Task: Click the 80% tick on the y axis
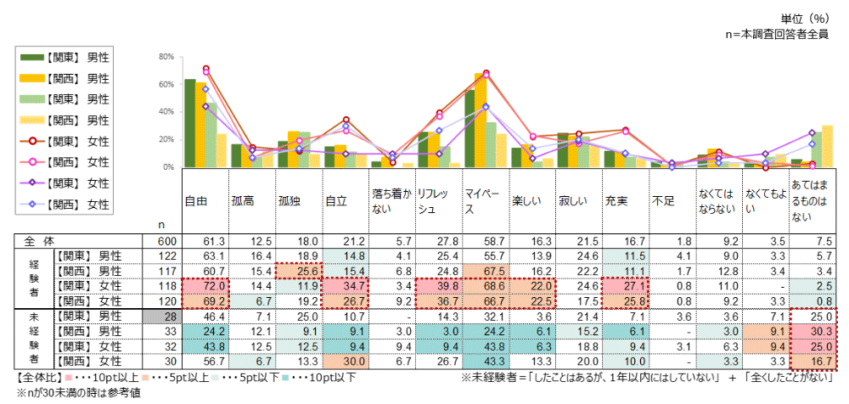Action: click(166, 57)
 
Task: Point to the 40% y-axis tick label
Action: click(166, 112)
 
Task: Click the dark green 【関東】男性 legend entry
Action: click(68, 57)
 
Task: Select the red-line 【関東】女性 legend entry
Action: click(68, 140)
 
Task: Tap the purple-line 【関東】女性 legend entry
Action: click(68, 182)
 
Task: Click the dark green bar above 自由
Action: click(190, 123)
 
